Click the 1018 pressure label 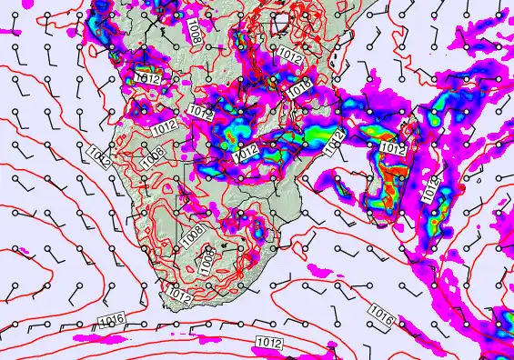(x=300, y=88)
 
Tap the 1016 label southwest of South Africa (x=111, y=318)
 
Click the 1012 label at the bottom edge (x=268, y=343)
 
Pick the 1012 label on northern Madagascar (x=392, y=147)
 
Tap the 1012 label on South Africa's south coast (x=179, y=295)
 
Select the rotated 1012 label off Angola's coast (x=100, y=156)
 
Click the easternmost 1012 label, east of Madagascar (x=431, y=188)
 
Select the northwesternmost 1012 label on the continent (x=148, y=79)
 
